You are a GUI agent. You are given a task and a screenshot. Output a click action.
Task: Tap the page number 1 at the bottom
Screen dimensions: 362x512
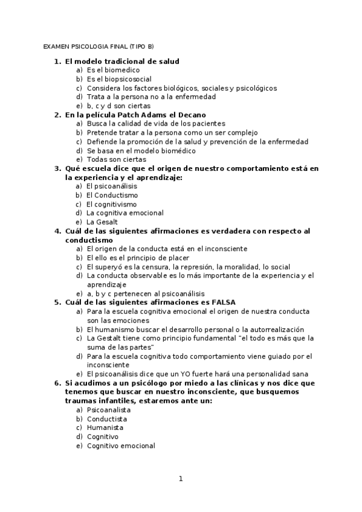coord(180,479)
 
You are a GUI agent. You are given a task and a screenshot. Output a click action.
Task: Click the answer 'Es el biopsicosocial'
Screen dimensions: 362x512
coord(119,79)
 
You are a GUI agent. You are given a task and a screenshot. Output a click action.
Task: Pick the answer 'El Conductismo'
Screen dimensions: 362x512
coord(112,195)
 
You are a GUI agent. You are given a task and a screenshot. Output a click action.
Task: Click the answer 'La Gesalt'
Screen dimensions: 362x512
coord(102,222)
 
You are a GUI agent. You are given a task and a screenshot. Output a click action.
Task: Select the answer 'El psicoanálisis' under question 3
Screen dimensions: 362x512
coord(112,186)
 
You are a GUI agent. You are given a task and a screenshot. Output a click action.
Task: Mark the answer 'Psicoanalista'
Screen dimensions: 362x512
coord(109,409)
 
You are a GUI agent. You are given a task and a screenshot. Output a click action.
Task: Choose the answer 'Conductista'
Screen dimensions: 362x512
coord(107,418)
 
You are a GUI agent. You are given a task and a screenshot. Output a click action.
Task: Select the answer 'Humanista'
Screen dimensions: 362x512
coord(105,427)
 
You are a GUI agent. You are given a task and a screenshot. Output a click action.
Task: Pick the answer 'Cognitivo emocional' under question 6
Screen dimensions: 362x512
coord(121,446)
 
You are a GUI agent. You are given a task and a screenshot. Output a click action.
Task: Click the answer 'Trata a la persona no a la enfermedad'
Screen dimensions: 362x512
coord(151,97)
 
